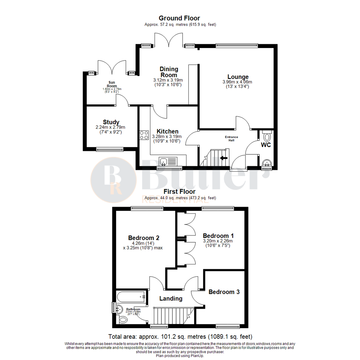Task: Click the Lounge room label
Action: (238, 76)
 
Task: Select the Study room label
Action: (111, 122)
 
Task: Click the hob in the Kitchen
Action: (144, 135)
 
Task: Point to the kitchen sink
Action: (164, 162)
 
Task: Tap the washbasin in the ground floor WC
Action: (266, 163)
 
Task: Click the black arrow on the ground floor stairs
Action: (224, 158)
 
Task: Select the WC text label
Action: (266, 145)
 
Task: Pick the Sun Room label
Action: (112, 84)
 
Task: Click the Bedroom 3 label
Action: (224, 292)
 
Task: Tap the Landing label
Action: (171, 298)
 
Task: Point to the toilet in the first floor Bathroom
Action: (123, 320)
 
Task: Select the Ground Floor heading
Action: (179, 18)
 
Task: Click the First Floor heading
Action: (179, 192)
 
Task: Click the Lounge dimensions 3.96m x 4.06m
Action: (238, 82)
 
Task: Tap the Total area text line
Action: (180, 336)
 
